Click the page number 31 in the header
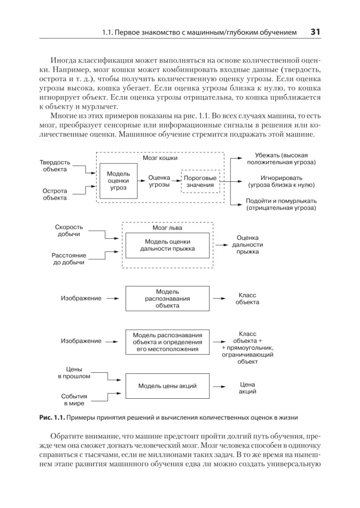click(x=314, y=33)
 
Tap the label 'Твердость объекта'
click(x=54, y=166)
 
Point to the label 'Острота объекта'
click(x=54, y=194)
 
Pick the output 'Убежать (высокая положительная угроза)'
click(x=281, y=158)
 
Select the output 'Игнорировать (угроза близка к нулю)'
click(x=281, y=181)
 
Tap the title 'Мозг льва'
click(x=167, y=228)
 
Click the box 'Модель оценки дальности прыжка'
click(x=167, y=245)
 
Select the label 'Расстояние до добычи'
click(x=69, y=259)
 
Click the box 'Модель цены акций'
click(x=167, y=386)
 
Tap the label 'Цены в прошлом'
click(x=74, y=372)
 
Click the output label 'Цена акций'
click(x=247, y=388)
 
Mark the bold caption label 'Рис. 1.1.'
click(x=53, y=418)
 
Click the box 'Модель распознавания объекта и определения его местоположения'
click(x=167, y=342)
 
